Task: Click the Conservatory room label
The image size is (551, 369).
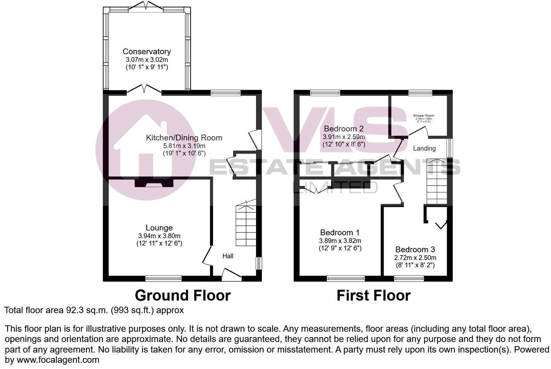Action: [146, 52]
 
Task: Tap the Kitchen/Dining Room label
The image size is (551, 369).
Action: [184, 138]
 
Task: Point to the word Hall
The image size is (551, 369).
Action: [228, 256]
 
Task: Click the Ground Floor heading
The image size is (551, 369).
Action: [183, 295]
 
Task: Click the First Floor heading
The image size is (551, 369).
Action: [373, 295]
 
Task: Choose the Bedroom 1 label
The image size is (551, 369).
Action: [340, 233]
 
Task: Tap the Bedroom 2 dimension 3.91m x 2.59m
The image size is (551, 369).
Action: [344, 137]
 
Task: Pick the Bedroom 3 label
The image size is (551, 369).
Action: [415, 249]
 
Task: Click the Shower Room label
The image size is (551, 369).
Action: [423, 116]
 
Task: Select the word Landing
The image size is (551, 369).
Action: [424, 148]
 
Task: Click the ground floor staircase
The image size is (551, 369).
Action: [246, 225]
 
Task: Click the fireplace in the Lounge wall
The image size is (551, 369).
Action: [154, 183]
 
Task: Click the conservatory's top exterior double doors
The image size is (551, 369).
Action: [146, 6]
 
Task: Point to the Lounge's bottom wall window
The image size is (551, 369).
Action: [163, 278]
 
